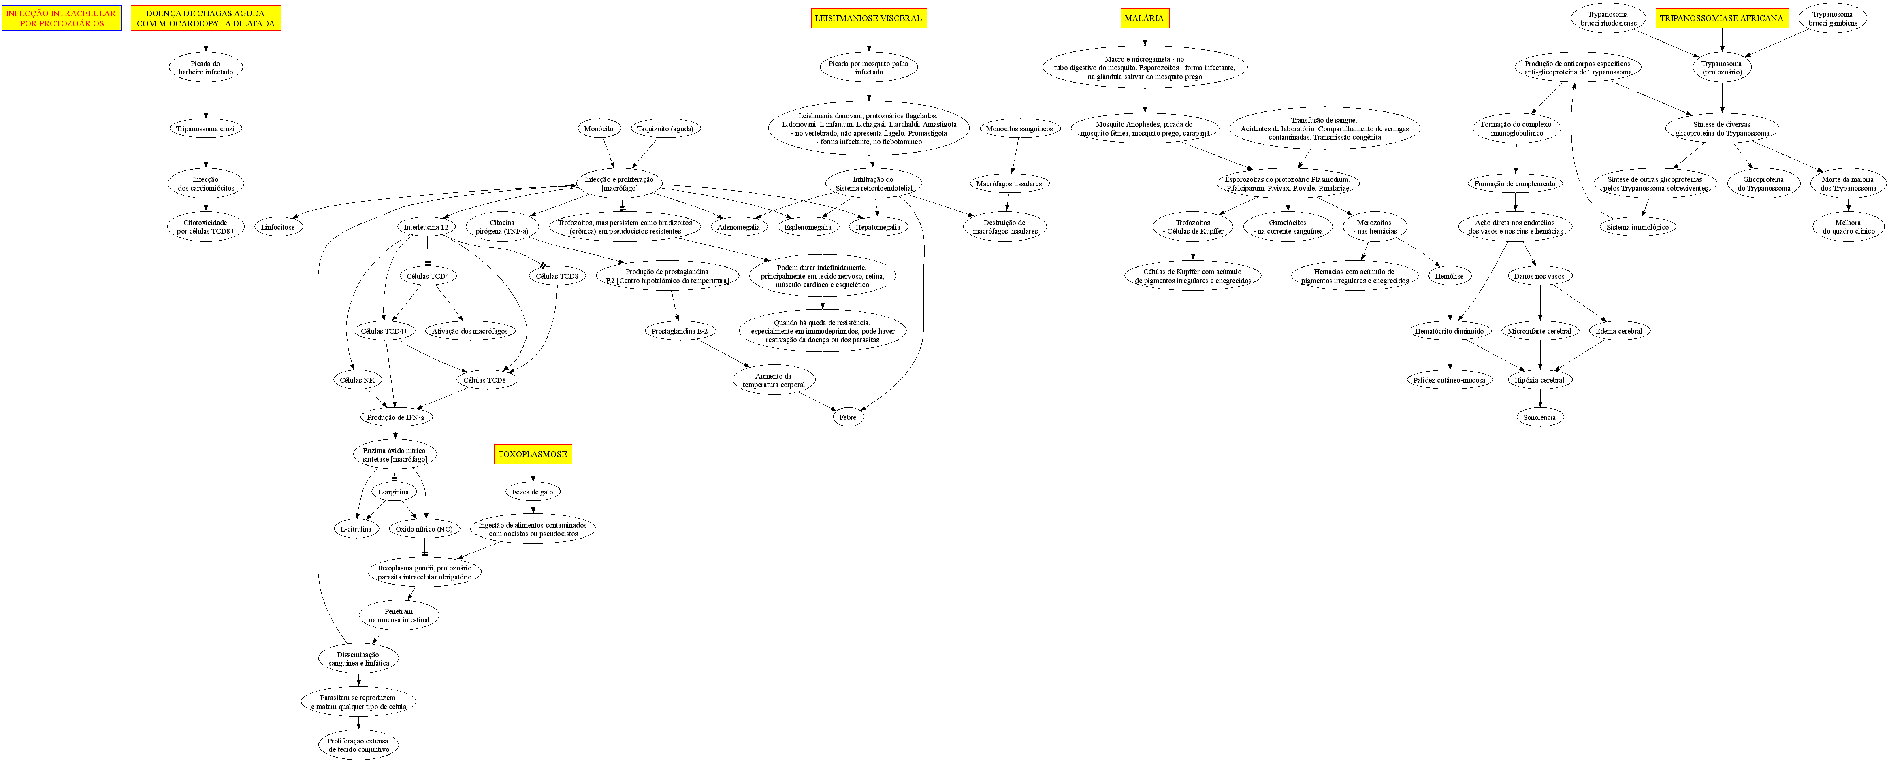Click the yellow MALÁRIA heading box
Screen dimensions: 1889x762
pyautogui.click(x=1144, y=18)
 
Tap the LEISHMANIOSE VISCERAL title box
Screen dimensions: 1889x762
pyautogui.click(x=868, y=18)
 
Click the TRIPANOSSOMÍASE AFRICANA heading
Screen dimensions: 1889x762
pyautogui.click(x=1721, y=18)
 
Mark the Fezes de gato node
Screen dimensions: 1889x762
pyautogui.click(x=532, y=492)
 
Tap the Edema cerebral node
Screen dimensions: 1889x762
pyautogui.click(x=1618, y=331)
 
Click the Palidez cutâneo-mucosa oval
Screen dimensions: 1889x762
pyautogui.click(x=1449, y=380)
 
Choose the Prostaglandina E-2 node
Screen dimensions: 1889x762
pyautogui.click(x=680, y=331)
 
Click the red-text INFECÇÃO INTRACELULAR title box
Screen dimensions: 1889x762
pyautogui.click(x=62, y=18)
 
